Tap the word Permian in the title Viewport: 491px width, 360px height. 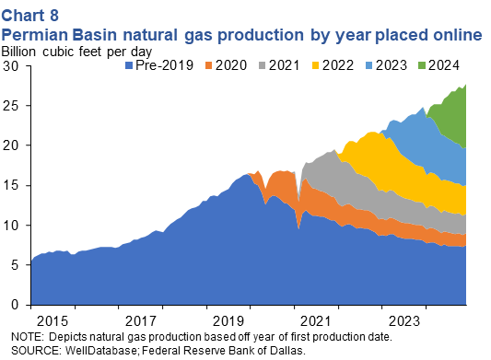35,34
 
